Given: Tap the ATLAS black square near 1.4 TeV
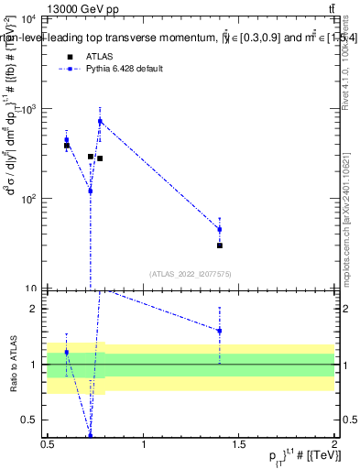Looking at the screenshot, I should click(x=220, y=245).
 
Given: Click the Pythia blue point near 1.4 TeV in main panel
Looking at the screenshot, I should click(x=220, y=229).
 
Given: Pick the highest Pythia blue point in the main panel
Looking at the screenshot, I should click(x=100, y=121).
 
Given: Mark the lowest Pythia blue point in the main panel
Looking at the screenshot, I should click(x=90, y=191).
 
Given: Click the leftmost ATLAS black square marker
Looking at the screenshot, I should click(x=67, y=146).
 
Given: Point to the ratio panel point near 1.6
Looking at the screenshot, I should click(x=220, y=331).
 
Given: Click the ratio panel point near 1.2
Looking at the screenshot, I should click(x=66, y=352).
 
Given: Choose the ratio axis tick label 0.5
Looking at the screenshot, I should click(x=30, y=420).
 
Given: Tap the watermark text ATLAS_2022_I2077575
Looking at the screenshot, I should click(x=190, y=274).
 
